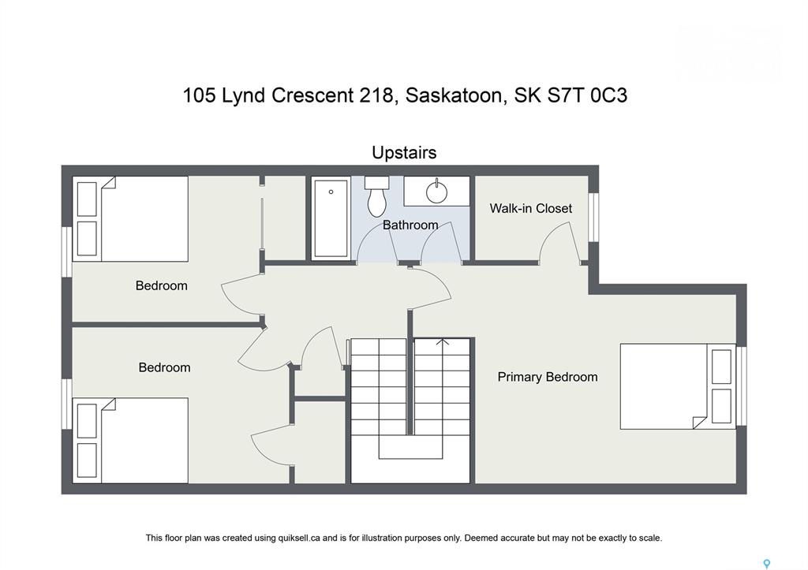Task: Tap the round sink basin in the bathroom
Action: coord(436,192)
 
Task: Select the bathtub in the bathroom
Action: coord(331,218)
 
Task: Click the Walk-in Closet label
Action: coord(530,209)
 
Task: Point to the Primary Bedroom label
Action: coord(548,377)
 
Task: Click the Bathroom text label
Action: coord(410,225)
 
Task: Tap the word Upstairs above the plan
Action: coord(404,152)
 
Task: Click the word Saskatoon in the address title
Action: coord(453,95)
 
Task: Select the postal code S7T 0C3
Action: coord(587,95)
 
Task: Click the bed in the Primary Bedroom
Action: coord(677,386)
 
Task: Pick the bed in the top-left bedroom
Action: coord(130,219)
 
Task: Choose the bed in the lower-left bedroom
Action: coord(130,440)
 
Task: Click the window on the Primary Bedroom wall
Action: coord(742,386)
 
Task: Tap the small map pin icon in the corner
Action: coord(767,564)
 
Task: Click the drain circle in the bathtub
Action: coord(331,192)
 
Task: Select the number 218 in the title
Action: coord(376,95)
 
